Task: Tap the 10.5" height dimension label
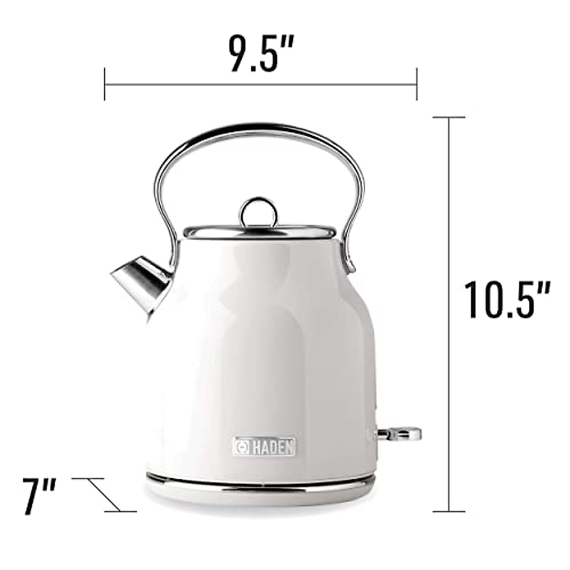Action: (x=507, y=300)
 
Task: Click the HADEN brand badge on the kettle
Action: (x=266, y=447)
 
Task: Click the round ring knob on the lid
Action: (x=259, y=212)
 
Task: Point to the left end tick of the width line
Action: (x=104, y=84)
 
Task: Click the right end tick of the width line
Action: (x=417, y=84)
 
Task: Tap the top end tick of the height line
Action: (x=449, y=117)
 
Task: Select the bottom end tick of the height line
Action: (x=449, y=512)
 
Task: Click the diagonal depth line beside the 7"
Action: (x=104, y=495)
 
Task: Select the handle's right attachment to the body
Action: (x=349, y=259)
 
